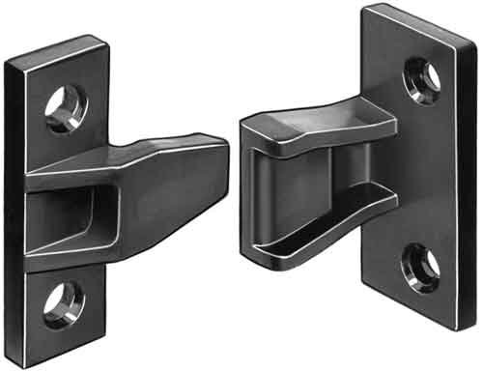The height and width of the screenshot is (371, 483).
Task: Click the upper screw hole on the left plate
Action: point(66,109)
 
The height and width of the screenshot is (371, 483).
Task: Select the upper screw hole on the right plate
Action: point(422,76)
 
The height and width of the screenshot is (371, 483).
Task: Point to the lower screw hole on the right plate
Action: point(421,264)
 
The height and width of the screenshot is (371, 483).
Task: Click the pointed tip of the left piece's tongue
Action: point(225,145)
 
